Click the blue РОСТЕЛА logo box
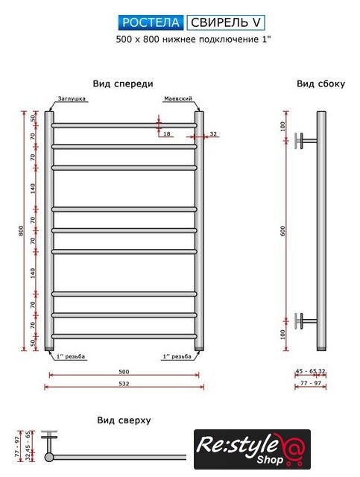(x=151, y=22)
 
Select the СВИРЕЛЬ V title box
(x=226, y=22)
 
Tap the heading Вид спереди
(x=123, y=83)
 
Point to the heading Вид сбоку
(x=320, y=83)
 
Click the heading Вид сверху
(x=124, y=420)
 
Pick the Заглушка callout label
(x=72, y=98)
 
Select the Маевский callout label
(x=178, y=98)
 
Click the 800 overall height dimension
(x=21, y=230)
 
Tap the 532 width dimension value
(x=124, y=384)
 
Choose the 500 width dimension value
(x=124, y=371)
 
